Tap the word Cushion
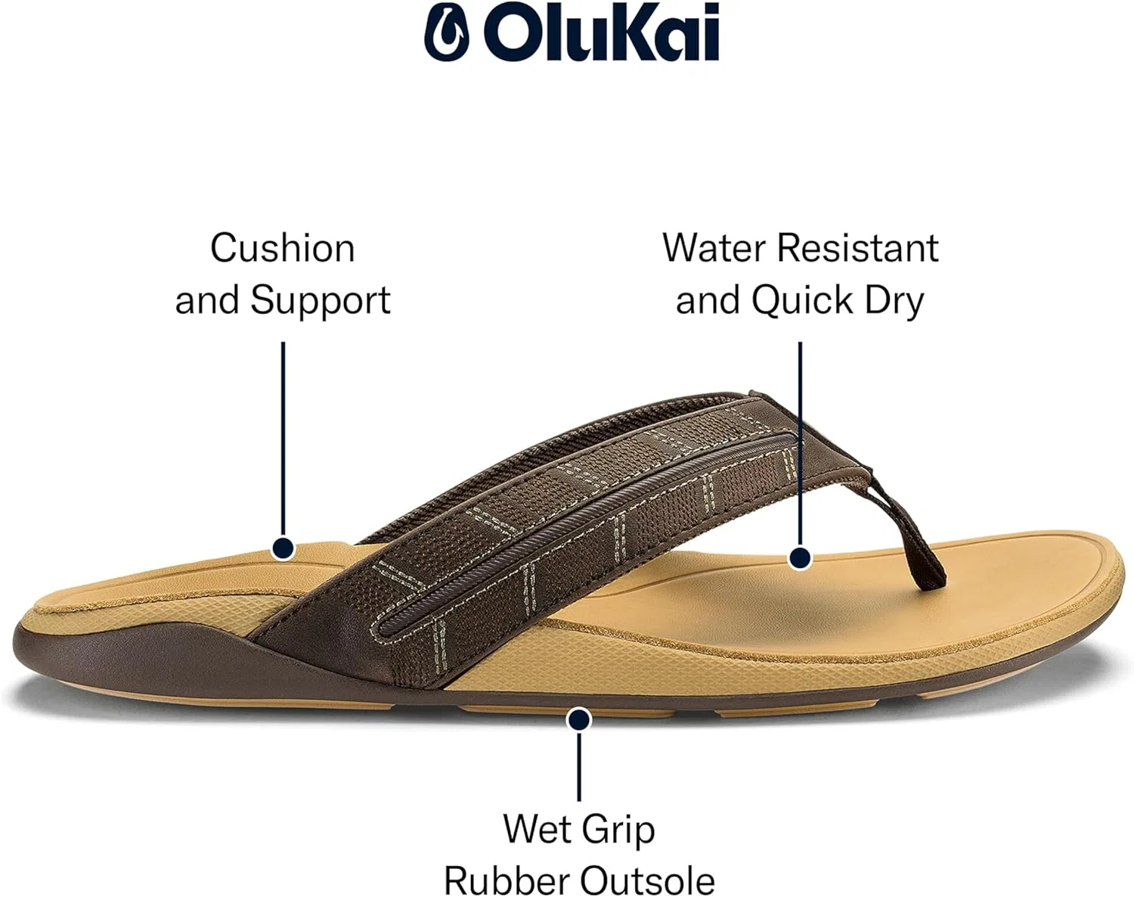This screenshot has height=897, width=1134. (x=283, y=248)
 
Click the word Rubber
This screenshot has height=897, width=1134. (x=506, y=880)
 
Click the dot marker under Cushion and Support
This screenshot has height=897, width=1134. (x=283, y=548)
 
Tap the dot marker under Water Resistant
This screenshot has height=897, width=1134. (x=801, y=558)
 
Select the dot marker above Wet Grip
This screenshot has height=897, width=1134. (x=579, y=719)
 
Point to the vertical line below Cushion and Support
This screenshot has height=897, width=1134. (x=283, y=439)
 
